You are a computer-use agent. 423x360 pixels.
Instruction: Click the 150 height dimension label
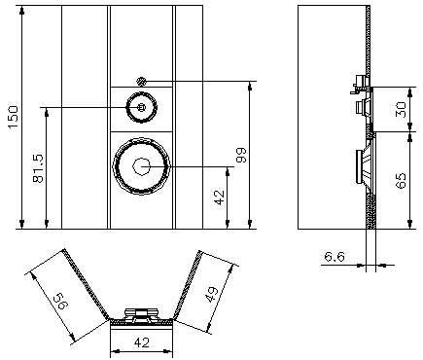click(x=13, y=117)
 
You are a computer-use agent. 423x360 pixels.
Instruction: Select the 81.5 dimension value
click(x=38, y=168)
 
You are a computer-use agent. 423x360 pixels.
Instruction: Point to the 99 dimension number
click(x=241, y=155)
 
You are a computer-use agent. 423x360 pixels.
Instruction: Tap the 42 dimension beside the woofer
click(x=220, y=198)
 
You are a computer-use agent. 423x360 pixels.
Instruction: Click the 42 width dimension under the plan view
click(x=142, y=342)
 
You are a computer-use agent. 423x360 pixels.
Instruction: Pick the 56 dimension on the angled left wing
click(x=61, y=301)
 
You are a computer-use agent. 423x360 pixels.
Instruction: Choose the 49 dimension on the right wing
click(x=213, y=295)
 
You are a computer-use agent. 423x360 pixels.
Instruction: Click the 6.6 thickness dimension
click(x=335, y=257)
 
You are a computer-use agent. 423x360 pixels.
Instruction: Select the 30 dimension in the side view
click(x=401, y=110)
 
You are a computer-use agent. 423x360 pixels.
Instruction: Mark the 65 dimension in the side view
click(x=401, y=181)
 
